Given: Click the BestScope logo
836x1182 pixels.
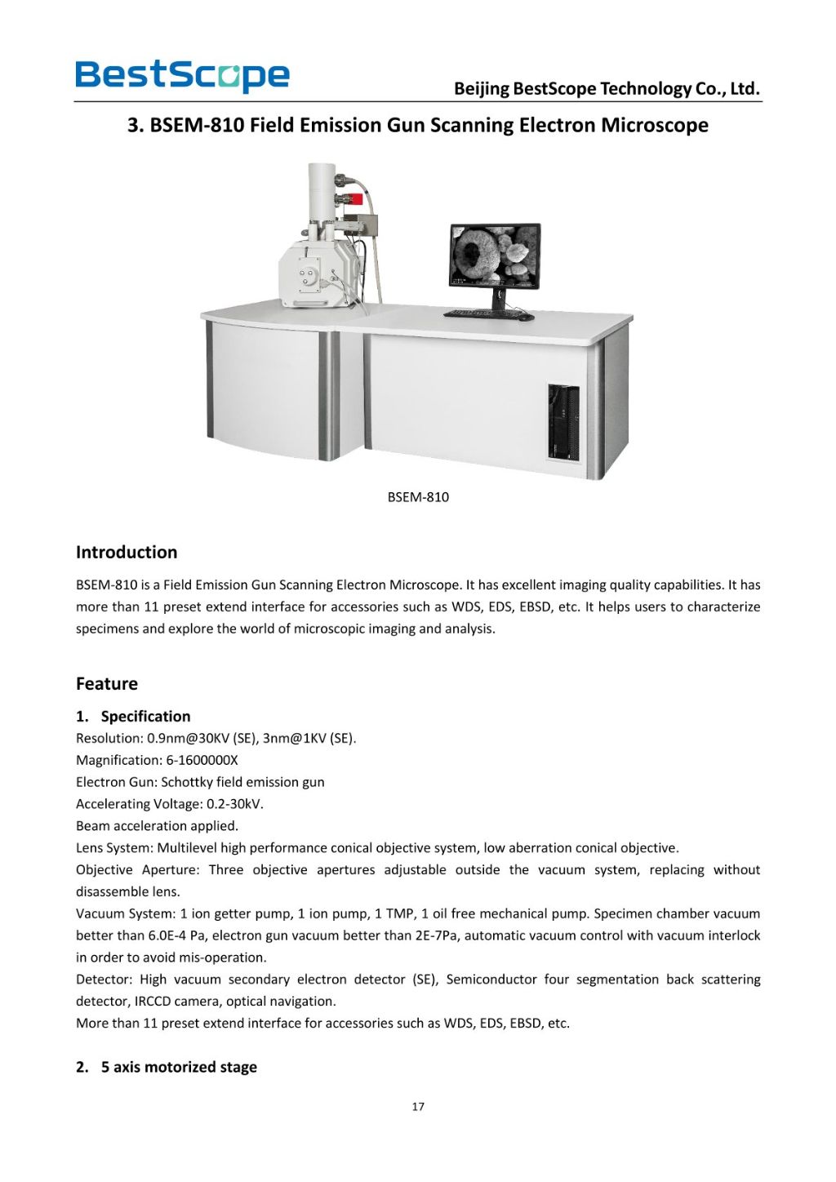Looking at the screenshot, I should (x=182, y=76).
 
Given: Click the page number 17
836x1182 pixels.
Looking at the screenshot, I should (x=418, y=1107).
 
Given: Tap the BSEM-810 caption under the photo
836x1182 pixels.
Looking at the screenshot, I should (x=418, y=497).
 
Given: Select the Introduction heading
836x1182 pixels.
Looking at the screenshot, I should (x=127, y=553).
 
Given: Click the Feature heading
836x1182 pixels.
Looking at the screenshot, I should (x=107, y=684).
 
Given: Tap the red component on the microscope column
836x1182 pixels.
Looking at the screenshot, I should (x=356, y=198).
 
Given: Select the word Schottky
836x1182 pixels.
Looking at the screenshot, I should (x=187, y=782).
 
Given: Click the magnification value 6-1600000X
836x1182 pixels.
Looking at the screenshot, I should (x=202, y=760).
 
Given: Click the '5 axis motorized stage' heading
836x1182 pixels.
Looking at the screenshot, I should (x=179, y=1067).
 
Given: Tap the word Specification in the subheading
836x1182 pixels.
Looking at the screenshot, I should (x=145, y=717).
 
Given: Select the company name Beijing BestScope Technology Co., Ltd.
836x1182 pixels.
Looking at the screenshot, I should (x=607, y=89).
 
